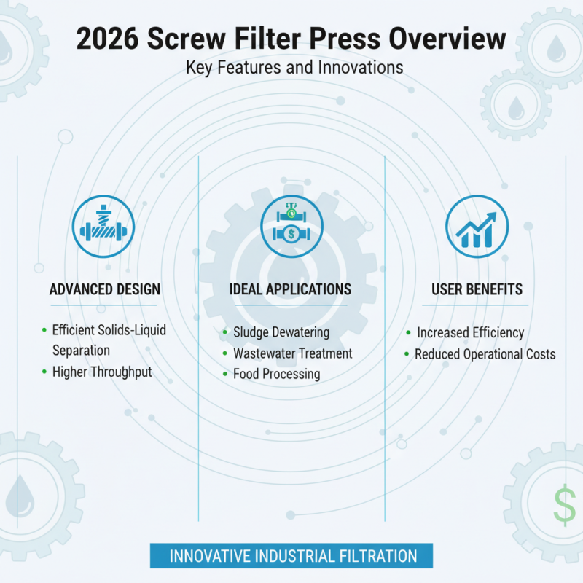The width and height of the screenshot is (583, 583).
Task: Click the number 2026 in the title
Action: [x=111, y=39]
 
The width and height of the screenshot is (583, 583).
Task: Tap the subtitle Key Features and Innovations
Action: [x=294, y=68]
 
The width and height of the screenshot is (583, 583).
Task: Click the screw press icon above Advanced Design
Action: [x=104, y=226]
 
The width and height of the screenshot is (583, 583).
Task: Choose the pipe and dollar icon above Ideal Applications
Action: [x=291, y=226]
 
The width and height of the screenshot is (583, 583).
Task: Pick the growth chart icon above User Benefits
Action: [x=477, y=226]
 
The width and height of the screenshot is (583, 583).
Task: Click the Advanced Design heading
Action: [x=105, y=290]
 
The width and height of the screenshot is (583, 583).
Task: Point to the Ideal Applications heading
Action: [x=290, y=290]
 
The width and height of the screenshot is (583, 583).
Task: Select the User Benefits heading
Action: [x=477, y=290]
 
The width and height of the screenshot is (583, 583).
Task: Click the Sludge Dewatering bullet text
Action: [x=281, y=332]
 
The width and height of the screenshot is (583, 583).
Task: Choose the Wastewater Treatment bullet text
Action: [x=292, y=353]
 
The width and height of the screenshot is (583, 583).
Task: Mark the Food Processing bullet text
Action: [x=276, y=375]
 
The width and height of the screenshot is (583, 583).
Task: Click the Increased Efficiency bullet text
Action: [x=470, y=332]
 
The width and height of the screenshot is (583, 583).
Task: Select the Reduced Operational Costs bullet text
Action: [x=485, y=354]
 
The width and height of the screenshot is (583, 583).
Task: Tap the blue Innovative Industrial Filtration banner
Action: [x=291, y=556]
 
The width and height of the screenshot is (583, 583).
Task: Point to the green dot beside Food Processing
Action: [x=224, y=375]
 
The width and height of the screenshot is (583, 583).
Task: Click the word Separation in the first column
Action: [x=81, y=351]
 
